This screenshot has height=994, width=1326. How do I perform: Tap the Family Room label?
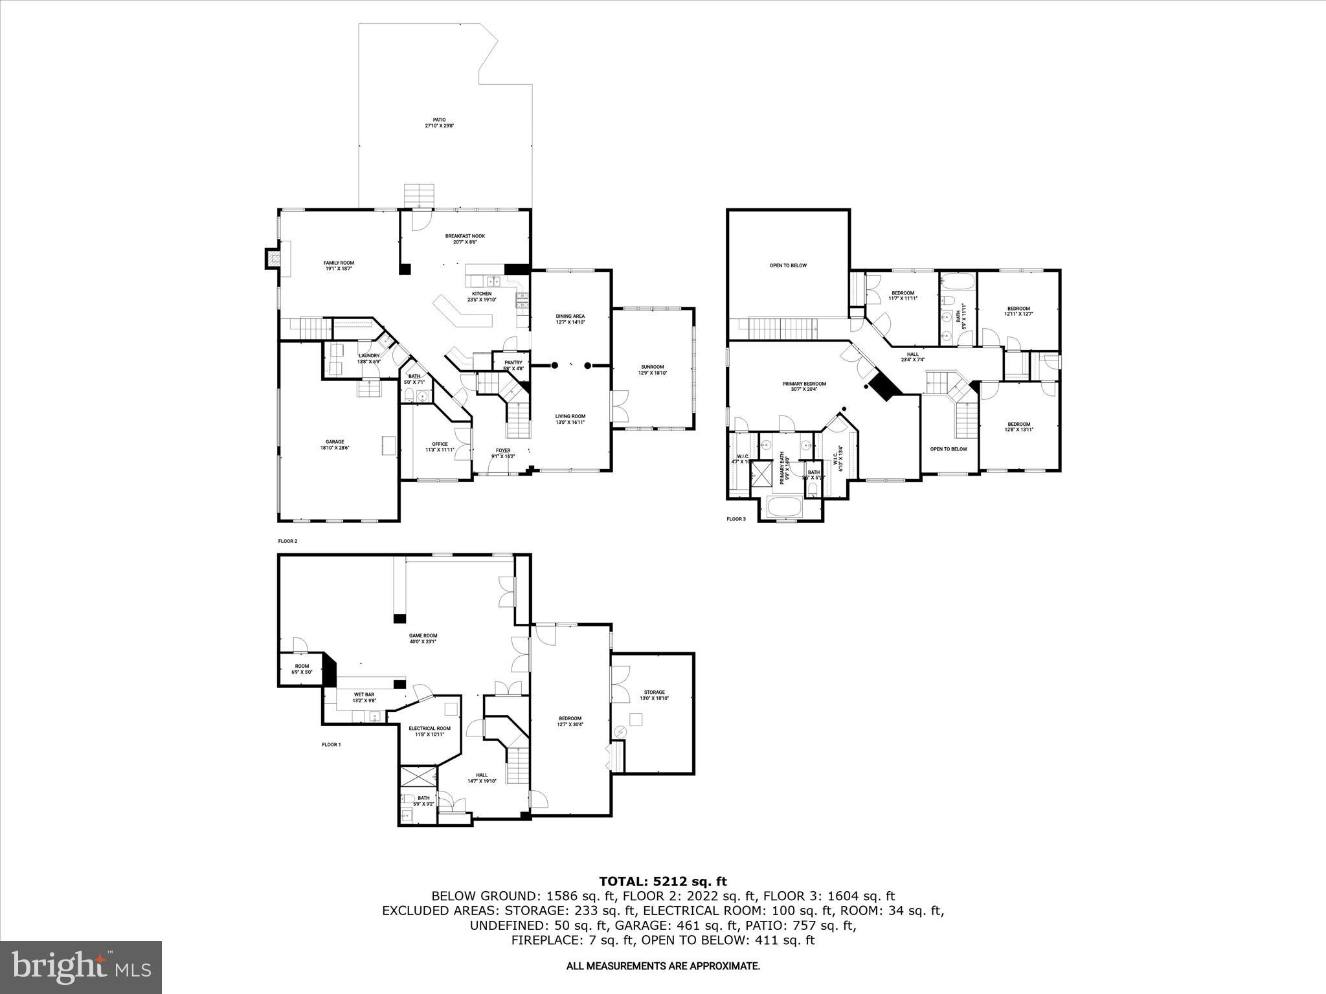339,265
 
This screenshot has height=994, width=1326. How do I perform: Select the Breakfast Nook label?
464,239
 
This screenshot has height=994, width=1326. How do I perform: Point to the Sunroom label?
652,370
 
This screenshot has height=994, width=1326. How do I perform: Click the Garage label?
335,445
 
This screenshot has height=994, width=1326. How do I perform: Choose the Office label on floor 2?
440,447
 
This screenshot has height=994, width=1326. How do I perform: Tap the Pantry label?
513,365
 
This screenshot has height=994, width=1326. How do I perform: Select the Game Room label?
423,639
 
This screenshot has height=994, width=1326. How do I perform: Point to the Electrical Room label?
429,731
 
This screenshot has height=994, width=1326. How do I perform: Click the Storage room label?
654,695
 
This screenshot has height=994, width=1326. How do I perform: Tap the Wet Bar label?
363,698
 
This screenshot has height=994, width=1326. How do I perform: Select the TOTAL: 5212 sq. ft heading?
662,881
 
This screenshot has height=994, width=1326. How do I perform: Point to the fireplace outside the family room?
272,259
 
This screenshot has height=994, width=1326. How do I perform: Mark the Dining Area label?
570,319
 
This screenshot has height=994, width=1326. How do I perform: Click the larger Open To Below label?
788,265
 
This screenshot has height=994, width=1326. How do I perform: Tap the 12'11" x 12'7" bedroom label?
1018,311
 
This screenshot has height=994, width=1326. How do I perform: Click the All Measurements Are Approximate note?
662,966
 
